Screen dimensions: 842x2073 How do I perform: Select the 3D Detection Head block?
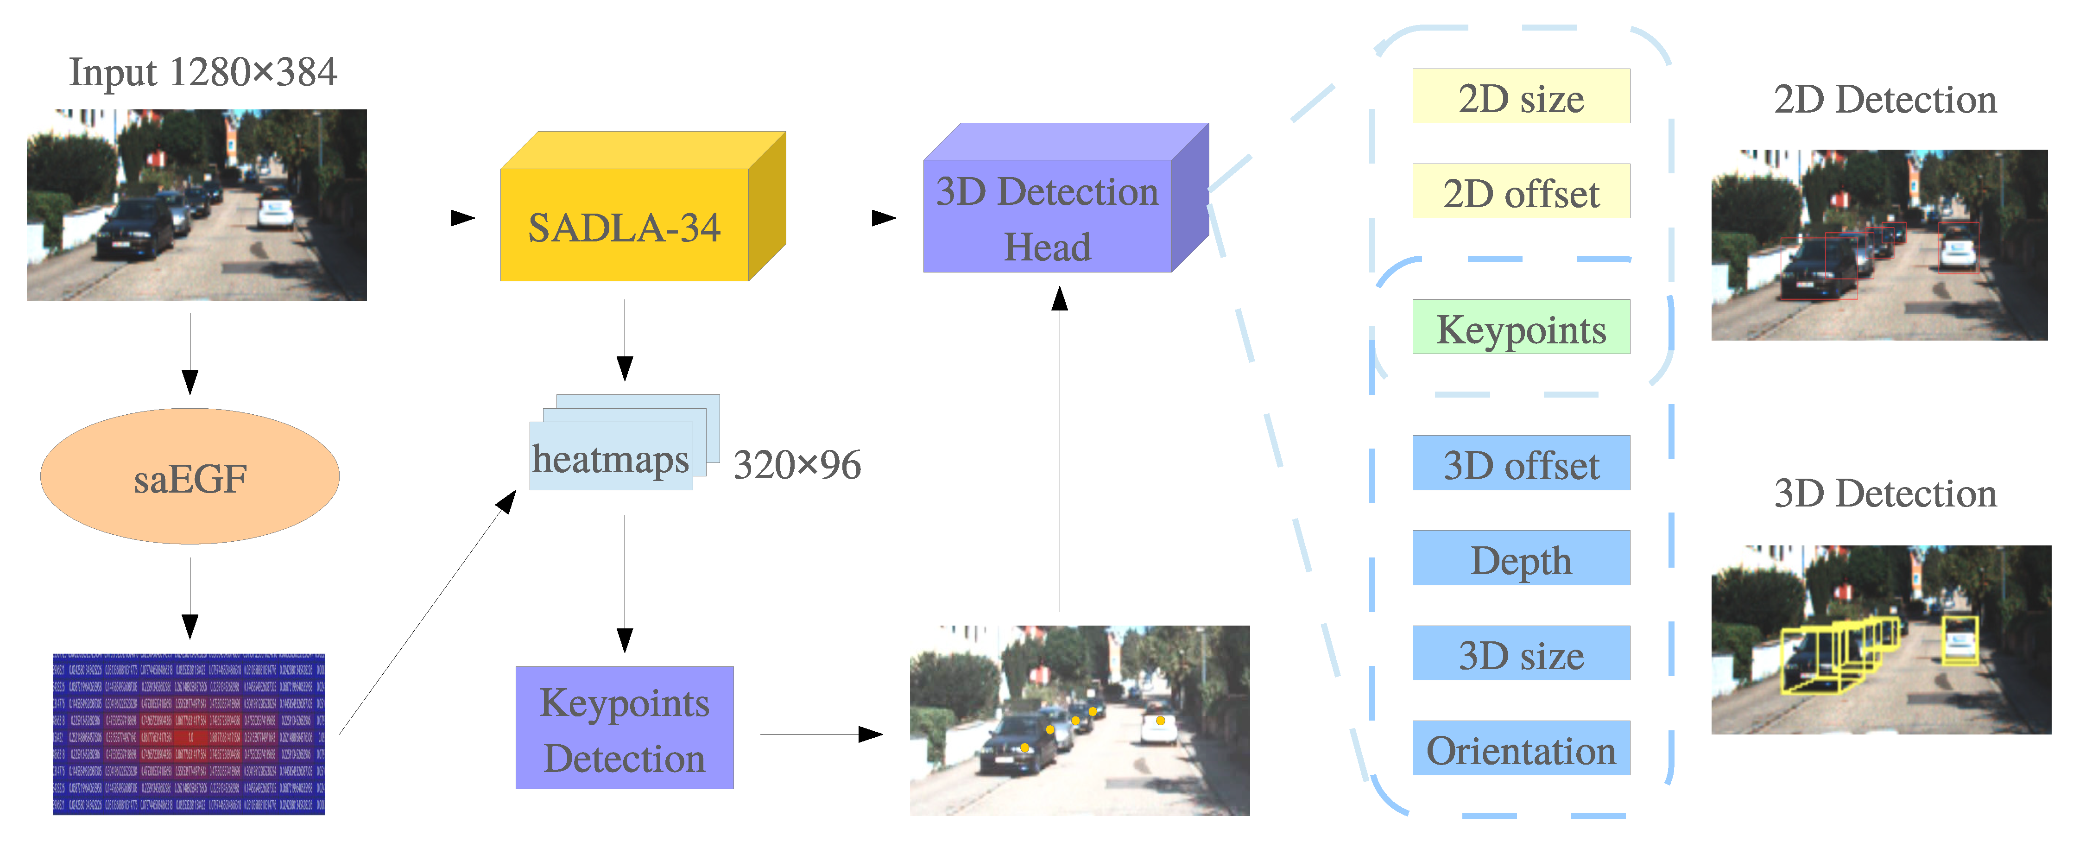1047,216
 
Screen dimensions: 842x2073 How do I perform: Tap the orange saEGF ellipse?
190,477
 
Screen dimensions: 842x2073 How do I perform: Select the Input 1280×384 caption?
203,72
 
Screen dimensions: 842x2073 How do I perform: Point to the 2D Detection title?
1885,100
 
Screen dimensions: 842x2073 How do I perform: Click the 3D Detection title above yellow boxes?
1885,494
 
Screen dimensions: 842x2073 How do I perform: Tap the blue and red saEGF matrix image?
189,734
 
